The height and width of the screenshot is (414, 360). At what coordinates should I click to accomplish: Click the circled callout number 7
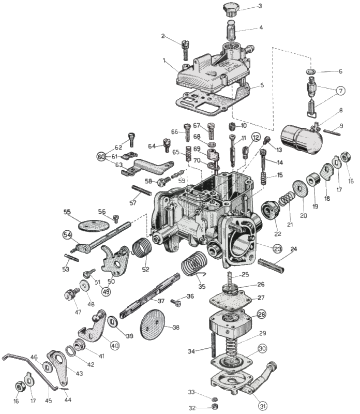[341, 90]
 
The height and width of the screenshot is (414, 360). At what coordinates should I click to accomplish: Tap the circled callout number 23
[277, 248]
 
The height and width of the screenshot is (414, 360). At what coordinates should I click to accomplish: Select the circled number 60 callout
[101, 155]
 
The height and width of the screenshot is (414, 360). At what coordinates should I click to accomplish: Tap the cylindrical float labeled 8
[301, 139]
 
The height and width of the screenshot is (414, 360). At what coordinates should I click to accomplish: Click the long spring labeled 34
[212, 344]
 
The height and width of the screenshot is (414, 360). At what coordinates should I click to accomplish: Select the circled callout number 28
[262, 314]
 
